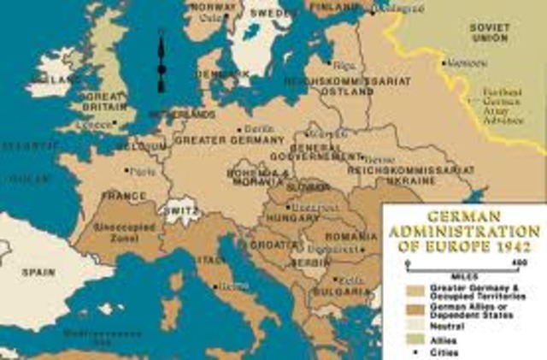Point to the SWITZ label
click(181, 209)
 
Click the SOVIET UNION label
click(491, 32)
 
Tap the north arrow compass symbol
click(160, 60)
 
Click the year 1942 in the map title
click(520, 247)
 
